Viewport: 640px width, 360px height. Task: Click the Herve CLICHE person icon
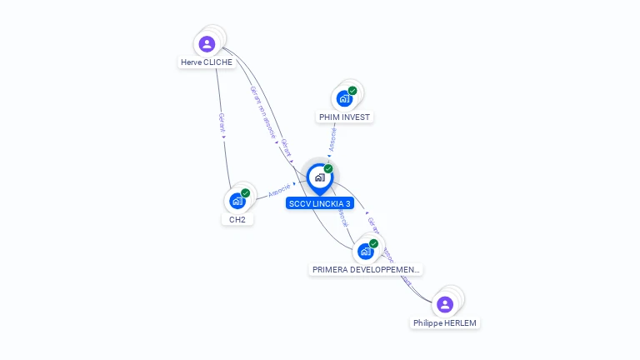pos(207,43)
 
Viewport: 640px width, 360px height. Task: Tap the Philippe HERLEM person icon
pos(445,304)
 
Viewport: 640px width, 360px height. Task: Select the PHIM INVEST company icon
pos(344,98)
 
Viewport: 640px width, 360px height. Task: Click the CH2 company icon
pos(237,201)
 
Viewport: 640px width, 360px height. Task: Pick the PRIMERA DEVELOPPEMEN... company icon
pos(365,251)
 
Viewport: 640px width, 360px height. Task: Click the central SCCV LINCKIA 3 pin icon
pos(319,177)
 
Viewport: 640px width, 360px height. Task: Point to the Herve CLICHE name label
pos(207,62)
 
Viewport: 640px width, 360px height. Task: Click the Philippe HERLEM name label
pos(446,323)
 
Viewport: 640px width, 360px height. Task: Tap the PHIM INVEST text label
pos(344,117)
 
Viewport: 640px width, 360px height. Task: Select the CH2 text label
pos(237,220)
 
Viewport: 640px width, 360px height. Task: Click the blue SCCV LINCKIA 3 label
pos(320,203)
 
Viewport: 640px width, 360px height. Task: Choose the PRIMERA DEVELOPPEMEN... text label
pos(367,270)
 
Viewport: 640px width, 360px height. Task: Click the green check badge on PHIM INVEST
pos(352,91)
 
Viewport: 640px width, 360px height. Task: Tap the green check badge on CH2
pos(246,193)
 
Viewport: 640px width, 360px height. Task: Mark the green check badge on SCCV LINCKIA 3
pos(328,169)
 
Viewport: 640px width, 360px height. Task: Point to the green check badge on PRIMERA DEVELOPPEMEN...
pos(373,243)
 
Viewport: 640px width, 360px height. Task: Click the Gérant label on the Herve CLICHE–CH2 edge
pos(222,123)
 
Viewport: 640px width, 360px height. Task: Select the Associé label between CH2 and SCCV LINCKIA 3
pos(279,190)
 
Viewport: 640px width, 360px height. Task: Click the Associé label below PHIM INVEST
pos(332,139)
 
